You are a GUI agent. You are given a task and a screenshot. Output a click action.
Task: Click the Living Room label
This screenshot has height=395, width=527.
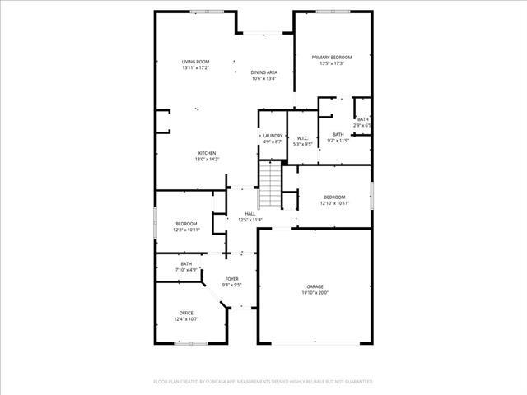click(196, 62)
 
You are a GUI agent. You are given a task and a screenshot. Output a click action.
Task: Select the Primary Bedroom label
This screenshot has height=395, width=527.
click(331, 57)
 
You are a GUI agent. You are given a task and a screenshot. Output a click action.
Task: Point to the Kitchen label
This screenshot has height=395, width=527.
click(207, 153)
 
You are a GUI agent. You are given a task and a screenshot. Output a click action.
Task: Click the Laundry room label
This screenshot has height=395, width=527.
click(273, 136)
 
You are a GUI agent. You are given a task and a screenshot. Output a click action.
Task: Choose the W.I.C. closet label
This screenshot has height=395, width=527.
click(303, 138)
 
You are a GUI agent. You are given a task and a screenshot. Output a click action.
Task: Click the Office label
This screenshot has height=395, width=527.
click(187, 312)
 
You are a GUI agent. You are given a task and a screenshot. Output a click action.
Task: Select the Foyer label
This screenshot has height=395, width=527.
click(232, 279)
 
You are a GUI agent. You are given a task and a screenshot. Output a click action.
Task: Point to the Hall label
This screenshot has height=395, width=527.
click(250, 214)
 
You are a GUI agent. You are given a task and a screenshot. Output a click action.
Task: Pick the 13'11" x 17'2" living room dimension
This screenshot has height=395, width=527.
click(196, 68)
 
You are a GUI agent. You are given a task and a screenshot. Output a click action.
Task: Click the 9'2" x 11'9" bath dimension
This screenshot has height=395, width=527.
click(338, 141)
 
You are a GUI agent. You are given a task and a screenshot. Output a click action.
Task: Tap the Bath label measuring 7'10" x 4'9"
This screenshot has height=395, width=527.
click(186, 263)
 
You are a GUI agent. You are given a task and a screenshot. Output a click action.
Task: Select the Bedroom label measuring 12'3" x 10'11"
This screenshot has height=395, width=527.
click(186, 223)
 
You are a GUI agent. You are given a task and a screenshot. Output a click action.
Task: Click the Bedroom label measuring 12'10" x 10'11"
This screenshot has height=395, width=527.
click(334, 197)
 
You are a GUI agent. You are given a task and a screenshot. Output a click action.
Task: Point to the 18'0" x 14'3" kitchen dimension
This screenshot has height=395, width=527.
click(207, 160)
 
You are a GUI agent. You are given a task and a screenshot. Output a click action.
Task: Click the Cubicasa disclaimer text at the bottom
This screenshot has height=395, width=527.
click(263, 382)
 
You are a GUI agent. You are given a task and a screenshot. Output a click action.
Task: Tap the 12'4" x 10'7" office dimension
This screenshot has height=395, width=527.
click(187, 318)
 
